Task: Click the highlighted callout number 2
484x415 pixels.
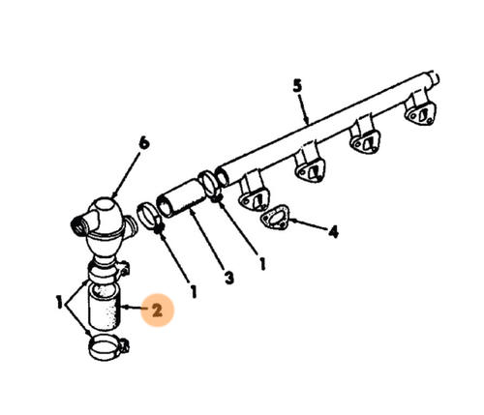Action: [x=157, y=311]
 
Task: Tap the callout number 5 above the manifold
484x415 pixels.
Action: [x=297, y=86]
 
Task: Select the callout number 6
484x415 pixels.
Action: [x=144, y=142]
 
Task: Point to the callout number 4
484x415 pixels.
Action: [x=333, y=231]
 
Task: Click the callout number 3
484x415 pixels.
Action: [x=228, y=278]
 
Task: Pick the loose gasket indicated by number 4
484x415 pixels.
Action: [x=275, y=218]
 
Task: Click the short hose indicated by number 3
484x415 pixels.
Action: [x=181, y=197]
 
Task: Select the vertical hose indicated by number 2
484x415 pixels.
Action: [x=105, y=308]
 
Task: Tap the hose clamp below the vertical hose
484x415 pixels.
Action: [x=107, y=347]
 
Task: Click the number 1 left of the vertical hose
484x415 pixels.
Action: [x=59, y=303]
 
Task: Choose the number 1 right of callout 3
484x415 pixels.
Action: [x=262, y=264]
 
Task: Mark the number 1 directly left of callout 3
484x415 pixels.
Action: [x=194, y=291]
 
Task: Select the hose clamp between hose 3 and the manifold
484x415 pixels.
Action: [x=209, y=185]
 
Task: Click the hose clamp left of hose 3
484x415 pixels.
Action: [x=150, y=217]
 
